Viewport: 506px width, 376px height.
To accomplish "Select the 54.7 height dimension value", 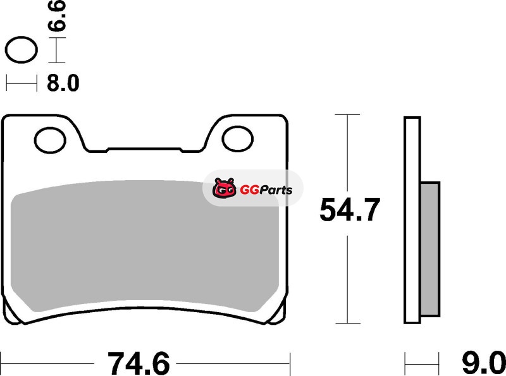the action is [350, 210].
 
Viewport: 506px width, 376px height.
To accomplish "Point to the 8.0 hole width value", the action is [63, 83].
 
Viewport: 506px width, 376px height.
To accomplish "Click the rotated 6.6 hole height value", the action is [57, 15].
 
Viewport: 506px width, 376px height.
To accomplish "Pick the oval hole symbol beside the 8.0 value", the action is [22, 50].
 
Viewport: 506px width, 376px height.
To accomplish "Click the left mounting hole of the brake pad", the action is [50, 140].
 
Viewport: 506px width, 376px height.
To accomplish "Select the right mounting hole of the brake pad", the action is [238, 139].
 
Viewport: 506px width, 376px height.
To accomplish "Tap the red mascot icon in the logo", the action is [225, 188].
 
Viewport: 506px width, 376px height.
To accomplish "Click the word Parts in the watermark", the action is [276, 190].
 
